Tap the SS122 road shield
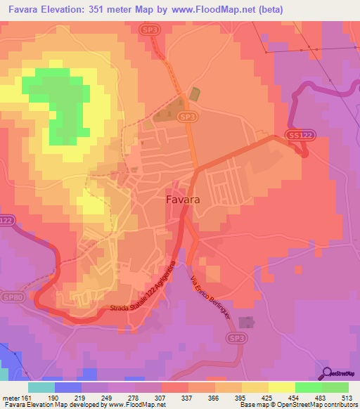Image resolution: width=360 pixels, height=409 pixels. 298,134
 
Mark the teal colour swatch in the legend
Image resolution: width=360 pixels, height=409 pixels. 41,387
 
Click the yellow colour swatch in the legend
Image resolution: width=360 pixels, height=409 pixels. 281,387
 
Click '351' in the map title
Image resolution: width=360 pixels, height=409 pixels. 112,10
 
